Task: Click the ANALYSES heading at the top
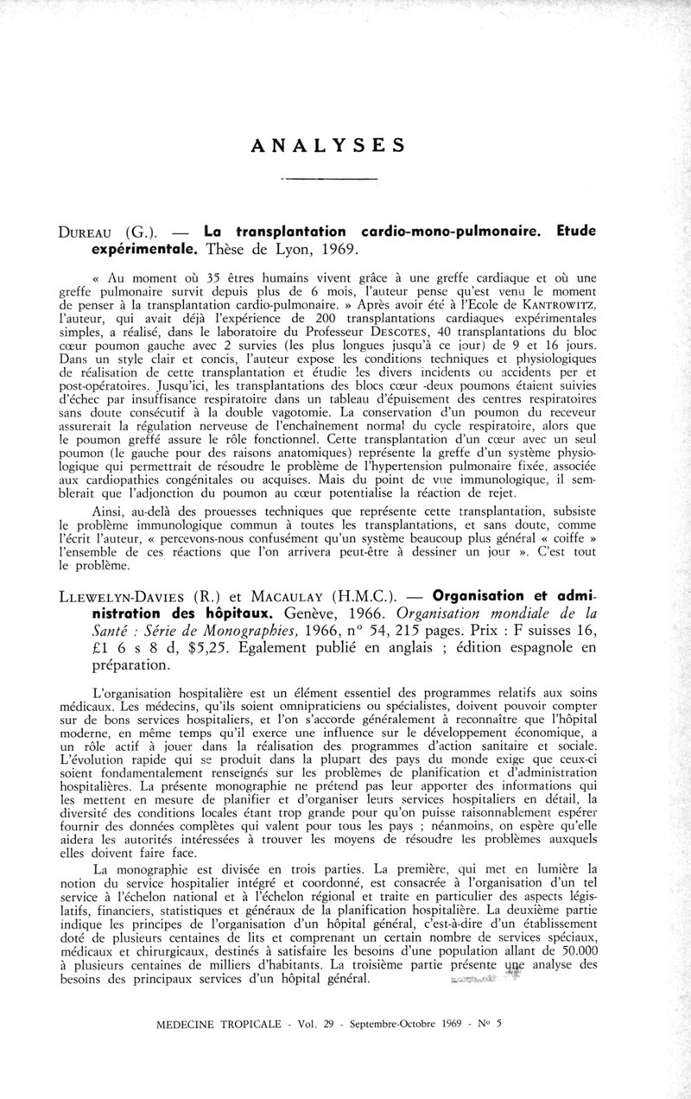(x=327, y=145)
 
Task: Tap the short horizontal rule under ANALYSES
(x=331, y=179)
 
